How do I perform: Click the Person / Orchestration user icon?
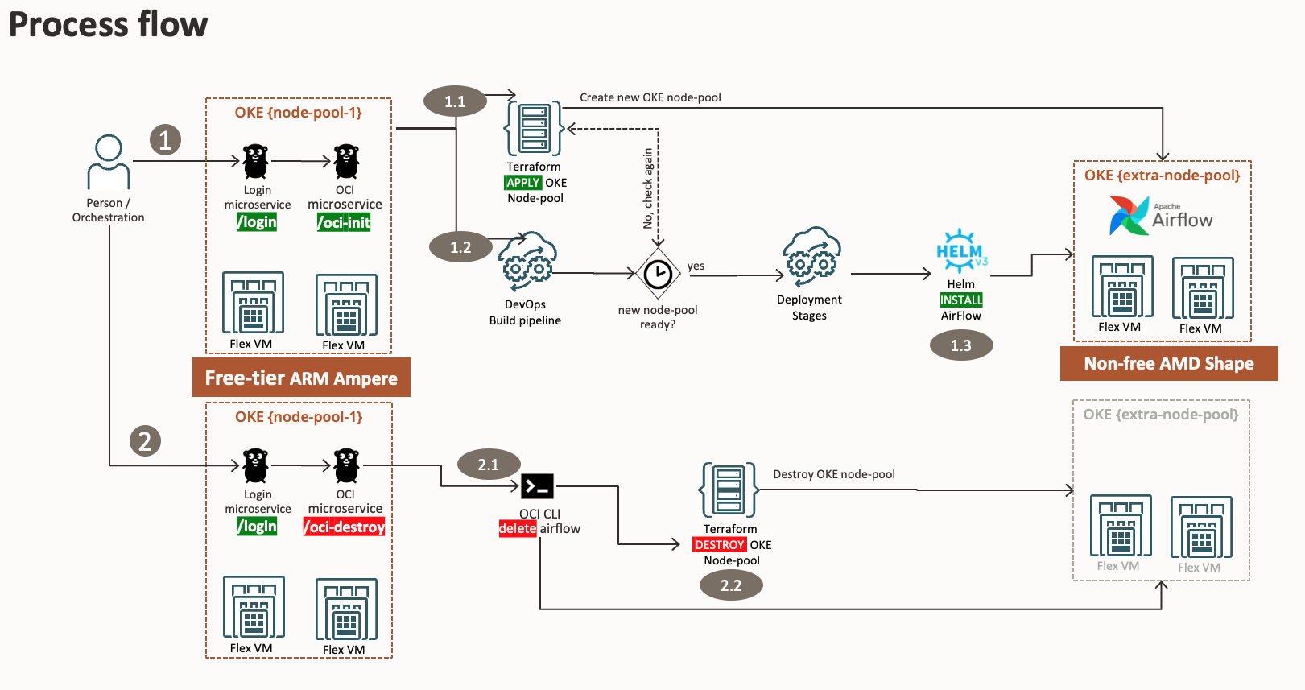click(109, 162)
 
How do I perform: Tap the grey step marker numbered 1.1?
click(455, 101)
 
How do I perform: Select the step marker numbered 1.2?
click(460, 247)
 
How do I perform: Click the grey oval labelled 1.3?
click(960, 345)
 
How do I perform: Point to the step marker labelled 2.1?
click(488, 465)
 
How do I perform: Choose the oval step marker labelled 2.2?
click(730, 585)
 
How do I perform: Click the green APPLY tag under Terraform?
click(522, 183)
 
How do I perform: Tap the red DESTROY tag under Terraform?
click(720, 545)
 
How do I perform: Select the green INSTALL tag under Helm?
click(961, 300)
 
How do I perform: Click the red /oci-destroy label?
click(345, 527)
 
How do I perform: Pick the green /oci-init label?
click(344, 222)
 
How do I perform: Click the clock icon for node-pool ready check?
click(658, 275)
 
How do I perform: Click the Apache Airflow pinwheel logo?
click(1129, 216)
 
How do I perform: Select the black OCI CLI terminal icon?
click(537, 486)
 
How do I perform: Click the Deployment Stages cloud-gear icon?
click(811, 257)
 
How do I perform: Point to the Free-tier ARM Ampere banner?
click(301, 378)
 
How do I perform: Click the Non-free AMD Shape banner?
click(1168, 363)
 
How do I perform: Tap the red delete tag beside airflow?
click(518, 529)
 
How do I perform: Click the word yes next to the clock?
click(696, 266)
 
